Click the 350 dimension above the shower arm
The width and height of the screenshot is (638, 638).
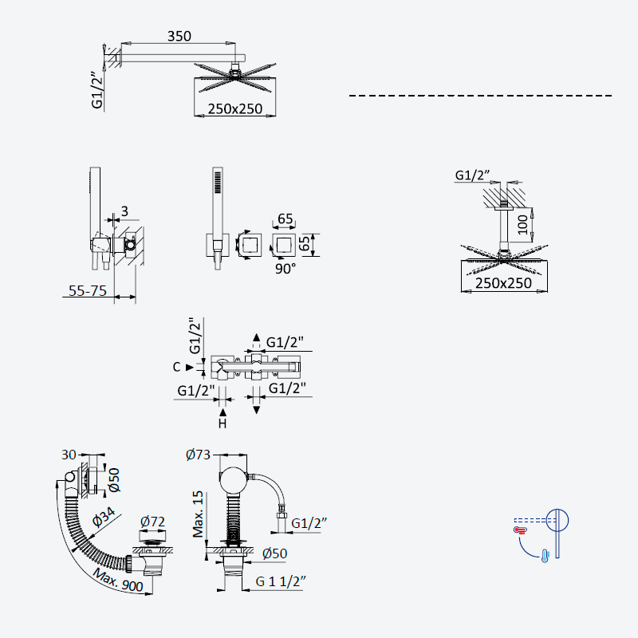click(x=179, y=36)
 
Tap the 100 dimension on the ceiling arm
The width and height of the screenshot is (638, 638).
click(x=522, y=225)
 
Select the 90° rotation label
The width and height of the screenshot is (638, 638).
click(x=286, y=269)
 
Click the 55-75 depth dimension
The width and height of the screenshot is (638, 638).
click(x=88, y=290)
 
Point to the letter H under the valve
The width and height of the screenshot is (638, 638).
click(x=223, y=423)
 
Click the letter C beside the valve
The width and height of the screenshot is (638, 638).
click(x=176, y=367)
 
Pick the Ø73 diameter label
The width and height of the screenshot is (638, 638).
click(x=198, y=454)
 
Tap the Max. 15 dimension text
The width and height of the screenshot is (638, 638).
click(x=198, y=514)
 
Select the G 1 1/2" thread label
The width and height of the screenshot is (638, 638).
click(x=281, y=581)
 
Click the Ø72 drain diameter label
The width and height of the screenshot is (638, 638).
click(x=152, y=522)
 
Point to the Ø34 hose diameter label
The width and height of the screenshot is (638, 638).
click(x=104, y=517)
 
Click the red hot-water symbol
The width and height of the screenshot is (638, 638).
click(x=520, y=530)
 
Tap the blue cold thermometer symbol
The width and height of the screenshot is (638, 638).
click(x=545, y=556)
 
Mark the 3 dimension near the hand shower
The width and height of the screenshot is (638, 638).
click(x=124, y=211)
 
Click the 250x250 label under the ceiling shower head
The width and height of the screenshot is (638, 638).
click(x=503, y=283)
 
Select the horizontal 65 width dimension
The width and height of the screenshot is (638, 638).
click(x=285, y=219)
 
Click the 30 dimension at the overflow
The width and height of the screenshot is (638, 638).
click(x=69, y=455)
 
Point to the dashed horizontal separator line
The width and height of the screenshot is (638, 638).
click(x=481, y=96)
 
